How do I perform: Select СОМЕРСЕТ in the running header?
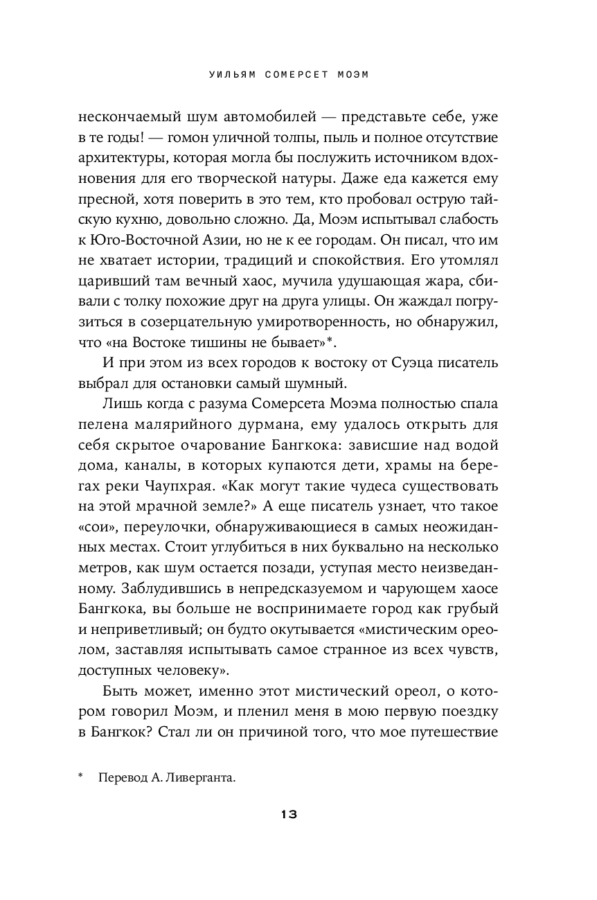coord(289,75)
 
